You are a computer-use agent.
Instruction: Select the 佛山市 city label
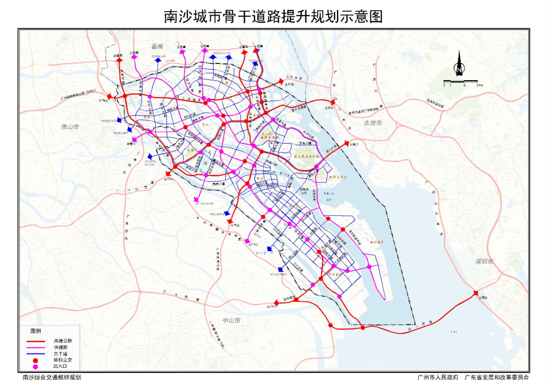point(71,126)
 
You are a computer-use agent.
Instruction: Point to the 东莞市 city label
point(373,123)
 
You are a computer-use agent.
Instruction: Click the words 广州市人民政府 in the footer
point(438,377)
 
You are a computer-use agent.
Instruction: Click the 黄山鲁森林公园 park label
point(307,157)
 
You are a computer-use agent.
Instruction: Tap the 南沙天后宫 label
point(338,177)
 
